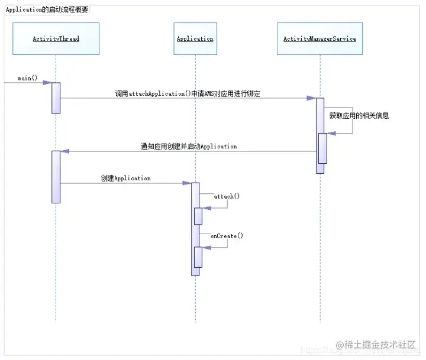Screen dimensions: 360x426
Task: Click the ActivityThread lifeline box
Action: [x=56, y=39]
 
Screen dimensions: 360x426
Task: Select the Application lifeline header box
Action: [x=195, y=39]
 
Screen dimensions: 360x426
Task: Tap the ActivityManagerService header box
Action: [x=319, y=39]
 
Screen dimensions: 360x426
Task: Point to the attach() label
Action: [x=227, y=196]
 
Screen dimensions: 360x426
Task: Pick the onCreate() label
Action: [x=227, y=236]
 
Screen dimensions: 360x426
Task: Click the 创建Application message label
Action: [x=125, y=178]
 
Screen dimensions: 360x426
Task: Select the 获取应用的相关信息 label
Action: [x=359, y=116]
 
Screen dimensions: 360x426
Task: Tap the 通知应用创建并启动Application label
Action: [x=189, y=146]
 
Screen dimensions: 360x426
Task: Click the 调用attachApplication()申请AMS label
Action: [x=188, y=93]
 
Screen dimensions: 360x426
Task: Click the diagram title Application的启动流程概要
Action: [x=47, y=10]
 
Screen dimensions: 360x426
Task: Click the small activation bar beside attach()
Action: [x=198, y=216]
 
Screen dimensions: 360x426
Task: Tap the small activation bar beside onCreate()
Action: [x=198, y=257]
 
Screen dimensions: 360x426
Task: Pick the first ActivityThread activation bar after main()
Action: [x=56, y=98]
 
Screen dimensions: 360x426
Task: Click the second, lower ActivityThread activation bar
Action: [x=56, y=177]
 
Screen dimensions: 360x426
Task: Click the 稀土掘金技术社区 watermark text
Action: [x=381, y=345]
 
